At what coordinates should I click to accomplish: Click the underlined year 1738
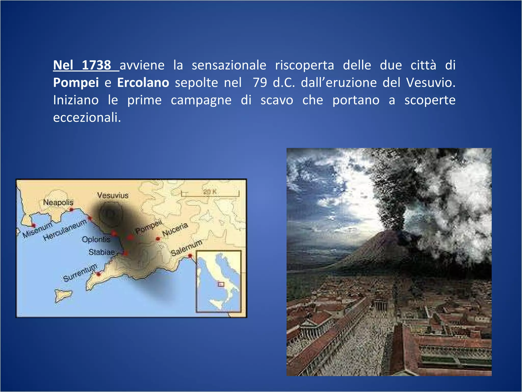pyautogui.click(x=96, y=65)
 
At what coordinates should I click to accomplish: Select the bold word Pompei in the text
pyautogui.click(x=76, y=83)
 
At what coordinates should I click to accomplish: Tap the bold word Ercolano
pyautogui.click(x=143, y=83)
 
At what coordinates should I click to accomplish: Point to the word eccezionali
pyautogui.click(x=87, y=118)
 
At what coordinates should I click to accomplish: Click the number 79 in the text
pyautogui.click(x=260, y=83)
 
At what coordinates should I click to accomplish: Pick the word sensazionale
pyautogui.click(x=229, y=65)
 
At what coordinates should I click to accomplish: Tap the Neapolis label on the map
pyautogui.click(x=58, y=202)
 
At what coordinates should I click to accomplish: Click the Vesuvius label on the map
pyautogui.click(x=113, y=195)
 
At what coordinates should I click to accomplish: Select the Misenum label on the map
pyautogui.click(x=37, y=230)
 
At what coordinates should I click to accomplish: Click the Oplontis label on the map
pyautogui.click(x=96, y=239)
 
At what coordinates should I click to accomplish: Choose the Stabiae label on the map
pyautogui.click(x=102, y=252)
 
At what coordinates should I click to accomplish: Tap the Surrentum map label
pyautogui.click(x=80, y=272)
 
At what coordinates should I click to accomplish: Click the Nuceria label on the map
pyautogui.click(x=175, y=229)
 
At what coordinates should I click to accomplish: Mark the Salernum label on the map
pyautogui.click(x=186, y=248)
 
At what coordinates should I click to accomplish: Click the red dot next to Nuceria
pyautogui.click(x=158, y=239)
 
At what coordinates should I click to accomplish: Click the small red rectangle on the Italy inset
pyautogui.click(x=221, y=284)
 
